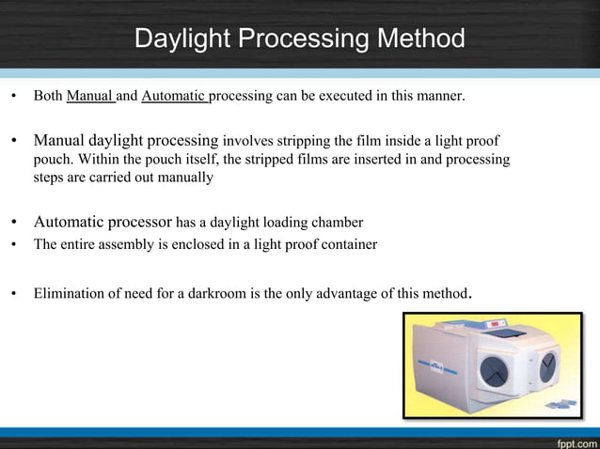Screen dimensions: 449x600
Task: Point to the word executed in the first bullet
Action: (x=347, y=96)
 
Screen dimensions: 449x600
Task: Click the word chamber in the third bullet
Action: (x=336, y=223)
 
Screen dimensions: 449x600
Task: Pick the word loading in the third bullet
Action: (x=282, y=223)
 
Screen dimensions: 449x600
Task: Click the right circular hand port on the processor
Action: (x=547, y=366)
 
